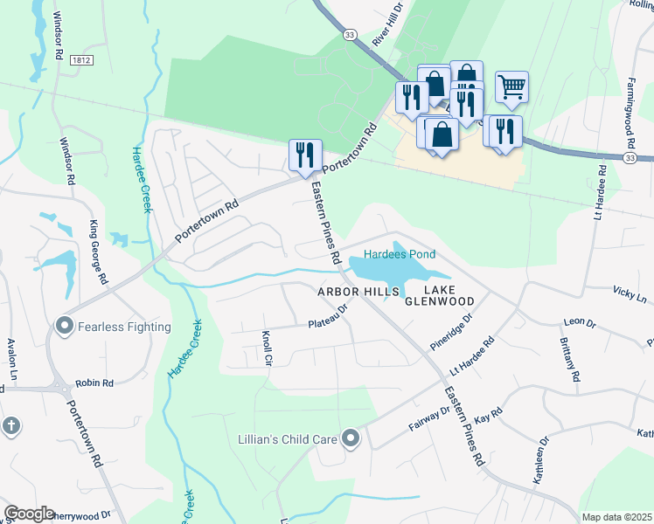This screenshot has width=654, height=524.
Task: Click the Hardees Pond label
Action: pos(400,254)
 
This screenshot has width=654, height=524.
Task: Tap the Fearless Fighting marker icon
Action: pos(63,327)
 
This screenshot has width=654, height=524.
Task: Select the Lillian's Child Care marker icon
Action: pos(351,438)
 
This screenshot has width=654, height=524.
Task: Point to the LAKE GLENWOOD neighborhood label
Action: pos(440,295)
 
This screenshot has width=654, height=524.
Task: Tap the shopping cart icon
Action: pos(511,86)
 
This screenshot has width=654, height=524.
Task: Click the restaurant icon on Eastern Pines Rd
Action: pos(305,155)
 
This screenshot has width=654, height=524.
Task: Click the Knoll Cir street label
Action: pos(267,348)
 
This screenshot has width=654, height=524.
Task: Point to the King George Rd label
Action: pos(97,252)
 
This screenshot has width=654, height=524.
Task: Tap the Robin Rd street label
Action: pos(95,383)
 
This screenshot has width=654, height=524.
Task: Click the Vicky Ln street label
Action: pos(630,293)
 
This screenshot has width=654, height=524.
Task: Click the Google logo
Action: pos(29,514)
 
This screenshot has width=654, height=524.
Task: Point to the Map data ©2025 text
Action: pos(616,517)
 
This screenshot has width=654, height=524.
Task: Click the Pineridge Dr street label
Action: pos(451,331)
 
